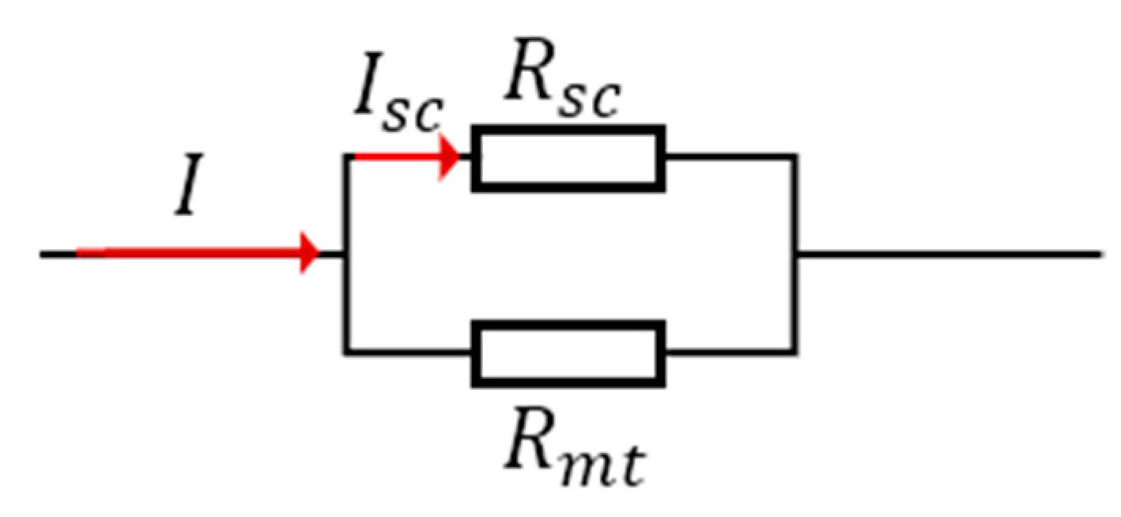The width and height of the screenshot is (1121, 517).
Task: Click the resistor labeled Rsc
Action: tap(568, 157)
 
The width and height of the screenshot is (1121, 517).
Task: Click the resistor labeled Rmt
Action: tap(568, 353)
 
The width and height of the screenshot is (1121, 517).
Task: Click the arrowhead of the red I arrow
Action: tap(308, 254)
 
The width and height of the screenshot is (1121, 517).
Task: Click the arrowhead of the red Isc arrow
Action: tap(451, 157)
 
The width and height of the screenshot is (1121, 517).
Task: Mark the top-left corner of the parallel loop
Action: tap(345, 157)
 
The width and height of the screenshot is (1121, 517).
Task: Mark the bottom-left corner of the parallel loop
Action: tap(345, 353)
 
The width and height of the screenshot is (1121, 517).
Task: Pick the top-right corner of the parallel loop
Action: tap(795, 157)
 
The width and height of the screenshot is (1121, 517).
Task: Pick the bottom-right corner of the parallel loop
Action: tap(795, 353)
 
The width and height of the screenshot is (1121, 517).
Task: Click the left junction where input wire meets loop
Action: tap(345, 254)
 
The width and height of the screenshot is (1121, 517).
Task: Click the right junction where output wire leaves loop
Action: tap(795, 254)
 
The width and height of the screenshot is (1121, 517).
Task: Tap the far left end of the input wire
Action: tap(43, 254)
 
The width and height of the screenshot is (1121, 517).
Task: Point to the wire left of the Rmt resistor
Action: tap(408, 353)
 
